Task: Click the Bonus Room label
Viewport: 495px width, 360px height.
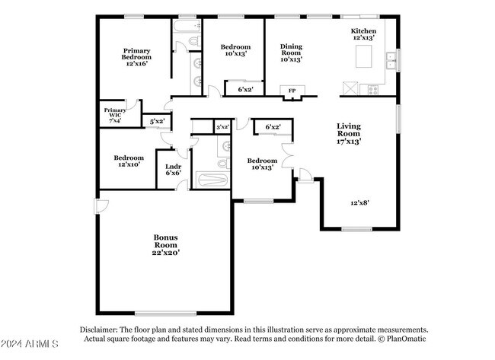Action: [166, 245]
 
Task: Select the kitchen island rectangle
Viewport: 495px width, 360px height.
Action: [364, 56]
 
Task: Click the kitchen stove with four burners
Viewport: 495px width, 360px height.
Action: [373, 90]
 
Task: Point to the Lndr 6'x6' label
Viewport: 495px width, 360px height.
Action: [174, 170]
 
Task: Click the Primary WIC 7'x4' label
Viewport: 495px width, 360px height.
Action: [115, 115]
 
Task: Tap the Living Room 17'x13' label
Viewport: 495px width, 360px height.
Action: [349, 133]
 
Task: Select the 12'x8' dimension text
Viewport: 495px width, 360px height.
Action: [360, 202]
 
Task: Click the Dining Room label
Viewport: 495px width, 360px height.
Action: [291, 53]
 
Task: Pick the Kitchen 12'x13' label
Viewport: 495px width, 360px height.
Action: [363, 34]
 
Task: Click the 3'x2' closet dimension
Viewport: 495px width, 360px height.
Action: [222, 127]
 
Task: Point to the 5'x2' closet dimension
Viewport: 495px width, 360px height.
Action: [157, 121]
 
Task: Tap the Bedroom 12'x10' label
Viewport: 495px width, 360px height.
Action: [129, 161]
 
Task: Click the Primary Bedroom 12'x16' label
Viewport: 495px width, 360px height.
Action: [136, 57]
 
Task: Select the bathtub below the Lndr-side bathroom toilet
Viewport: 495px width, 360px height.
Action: [212, 180]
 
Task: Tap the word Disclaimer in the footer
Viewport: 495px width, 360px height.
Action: [98, 330]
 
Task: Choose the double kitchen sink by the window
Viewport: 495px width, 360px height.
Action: [391, 60]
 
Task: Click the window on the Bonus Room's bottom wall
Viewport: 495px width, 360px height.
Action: [166, 314]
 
